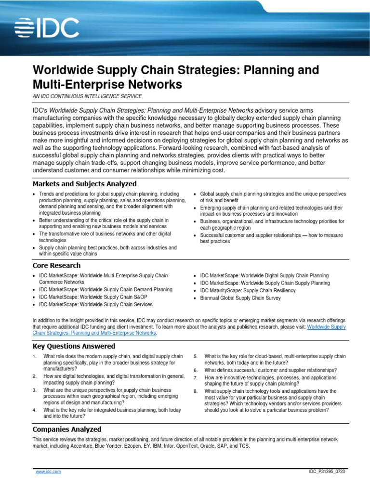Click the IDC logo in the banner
[47, 28]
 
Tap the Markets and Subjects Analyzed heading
[84, 184]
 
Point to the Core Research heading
[56, 265]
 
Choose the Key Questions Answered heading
[74, 346]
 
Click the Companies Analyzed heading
[66, 429]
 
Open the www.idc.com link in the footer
[48, 472]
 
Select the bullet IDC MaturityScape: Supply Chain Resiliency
[248, 291]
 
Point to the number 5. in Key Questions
[196, 356]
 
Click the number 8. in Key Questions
[196, 391]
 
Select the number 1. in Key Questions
[35, 356]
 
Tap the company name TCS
[244, 446]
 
